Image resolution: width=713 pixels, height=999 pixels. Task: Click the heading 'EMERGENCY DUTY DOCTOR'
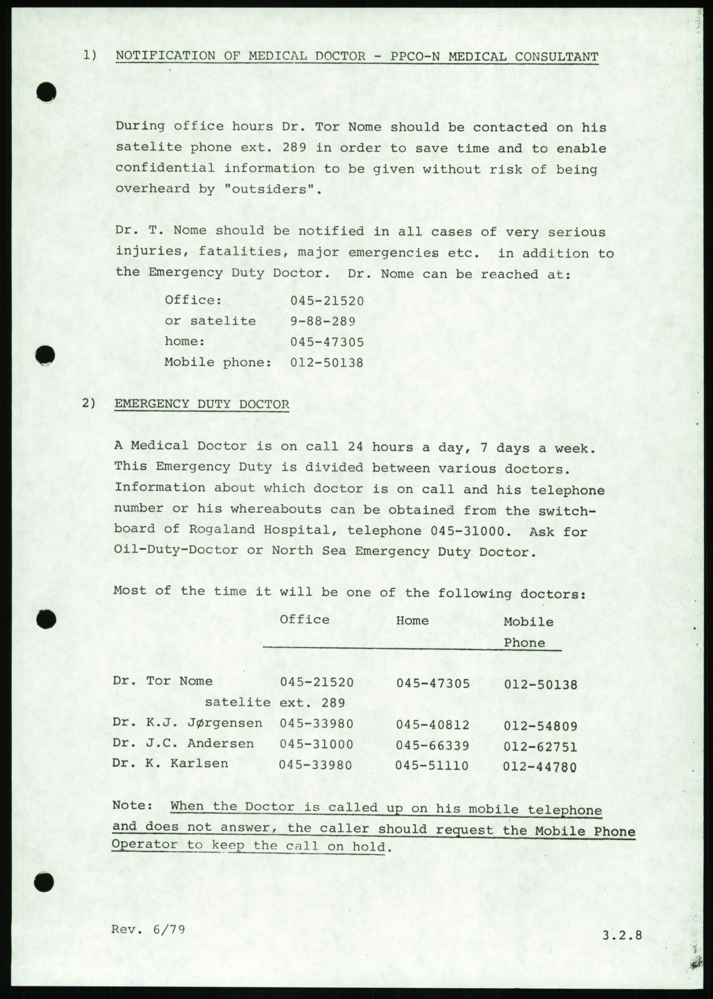pos(201,404)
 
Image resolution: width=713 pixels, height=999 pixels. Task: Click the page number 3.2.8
pos(622,935)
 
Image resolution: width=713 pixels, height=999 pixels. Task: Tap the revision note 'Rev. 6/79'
pos(148,929)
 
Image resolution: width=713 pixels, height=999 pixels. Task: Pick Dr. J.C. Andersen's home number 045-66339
pos(433,746)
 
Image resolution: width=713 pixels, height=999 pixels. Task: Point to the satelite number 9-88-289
pos(323,321)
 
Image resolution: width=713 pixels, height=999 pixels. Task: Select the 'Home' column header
pos(412,620)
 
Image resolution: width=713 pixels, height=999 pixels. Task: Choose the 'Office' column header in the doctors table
pos(305,619)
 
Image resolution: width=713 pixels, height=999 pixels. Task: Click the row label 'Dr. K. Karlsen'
pos(170,763)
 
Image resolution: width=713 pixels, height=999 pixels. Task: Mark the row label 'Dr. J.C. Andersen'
pos(183,743)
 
